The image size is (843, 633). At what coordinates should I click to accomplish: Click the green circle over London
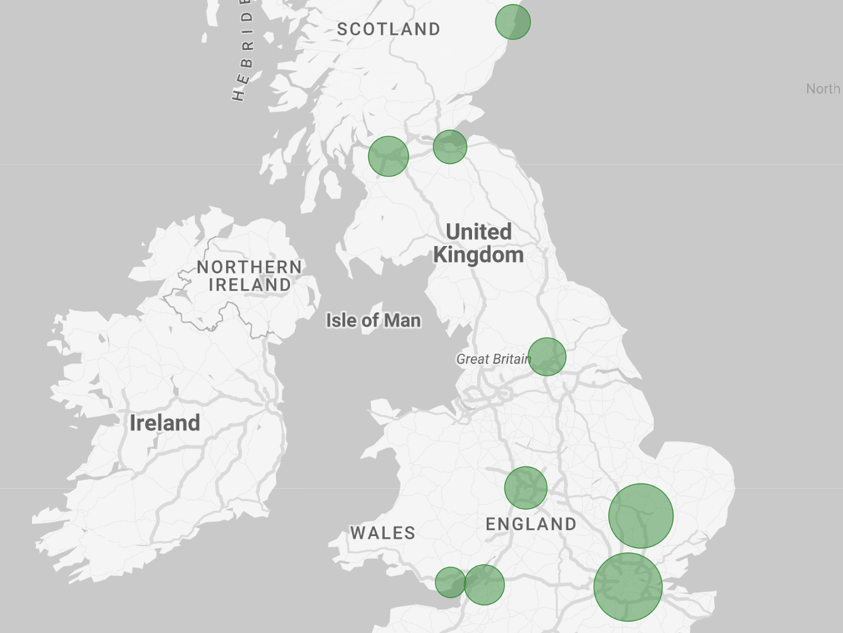tap(628, 587)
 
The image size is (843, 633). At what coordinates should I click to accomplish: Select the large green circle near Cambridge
tap(641, 516)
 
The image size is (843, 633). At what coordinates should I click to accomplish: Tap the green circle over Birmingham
tap(525, 487)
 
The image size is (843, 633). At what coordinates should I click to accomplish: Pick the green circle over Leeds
tap(547, 357)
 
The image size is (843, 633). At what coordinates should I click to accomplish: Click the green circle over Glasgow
tap(388, 156)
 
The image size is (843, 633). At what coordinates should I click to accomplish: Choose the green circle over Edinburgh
tap(450, 147)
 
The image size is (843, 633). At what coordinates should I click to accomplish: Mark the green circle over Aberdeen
tap(513, 22)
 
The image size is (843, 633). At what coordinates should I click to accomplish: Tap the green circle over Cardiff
tap(450, 582)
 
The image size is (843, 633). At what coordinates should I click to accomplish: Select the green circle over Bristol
tap(484, 584)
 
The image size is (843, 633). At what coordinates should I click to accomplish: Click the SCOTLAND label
tap(388, 30)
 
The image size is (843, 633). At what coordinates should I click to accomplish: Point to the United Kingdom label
tap(478, 243)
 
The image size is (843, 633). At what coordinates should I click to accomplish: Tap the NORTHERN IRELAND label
tap(249, 276)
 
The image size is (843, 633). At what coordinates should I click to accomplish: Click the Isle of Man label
tap(373, 321)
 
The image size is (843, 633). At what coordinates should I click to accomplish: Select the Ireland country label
tap(164, 423)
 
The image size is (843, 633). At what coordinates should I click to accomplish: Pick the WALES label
tap(383, 533)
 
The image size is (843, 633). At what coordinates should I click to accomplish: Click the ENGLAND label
tap(531, 524)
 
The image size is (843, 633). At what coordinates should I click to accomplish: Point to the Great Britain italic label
tap(493, 359)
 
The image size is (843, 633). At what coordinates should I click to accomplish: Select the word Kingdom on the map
tap(478, 255)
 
